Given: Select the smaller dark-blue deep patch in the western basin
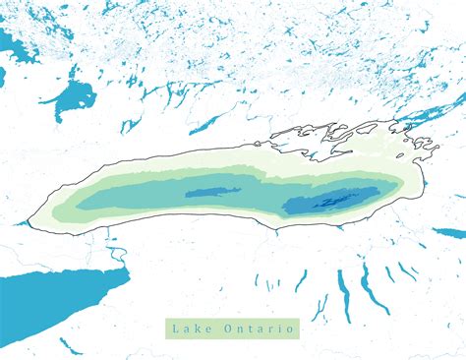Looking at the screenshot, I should click(212, 192).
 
